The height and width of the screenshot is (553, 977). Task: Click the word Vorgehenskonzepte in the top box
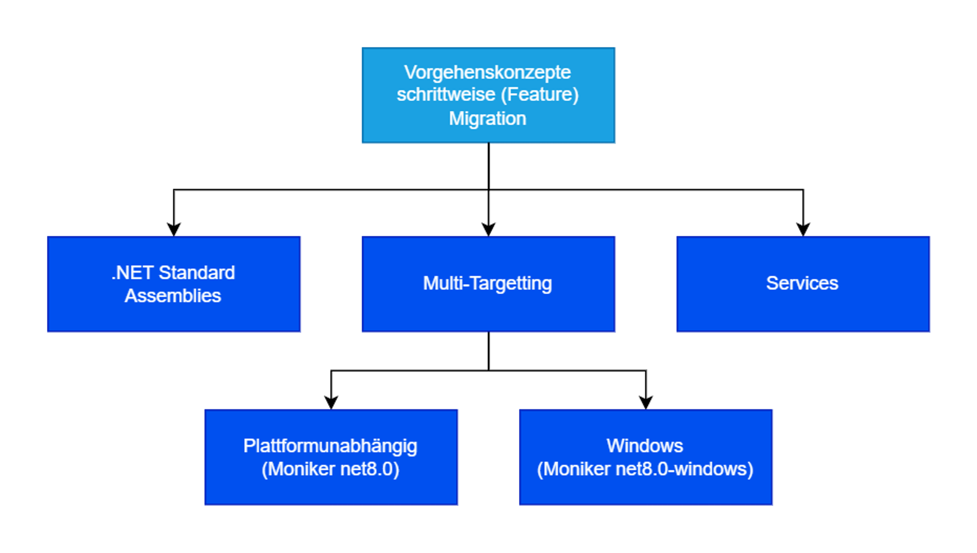point(487,72)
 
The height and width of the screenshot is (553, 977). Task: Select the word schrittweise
point(446,95)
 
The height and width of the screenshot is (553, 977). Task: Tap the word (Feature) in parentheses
point(540,95)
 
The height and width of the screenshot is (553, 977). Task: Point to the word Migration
point(487,119)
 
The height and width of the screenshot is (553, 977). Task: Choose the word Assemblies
point(173,296)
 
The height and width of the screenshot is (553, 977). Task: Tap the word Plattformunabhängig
point(330,446)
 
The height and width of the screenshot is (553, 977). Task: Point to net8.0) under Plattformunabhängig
point(369,469)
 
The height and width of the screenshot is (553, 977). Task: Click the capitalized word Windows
point(645,446)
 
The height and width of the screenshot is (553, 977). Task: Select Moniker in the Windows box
point(574,469)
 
